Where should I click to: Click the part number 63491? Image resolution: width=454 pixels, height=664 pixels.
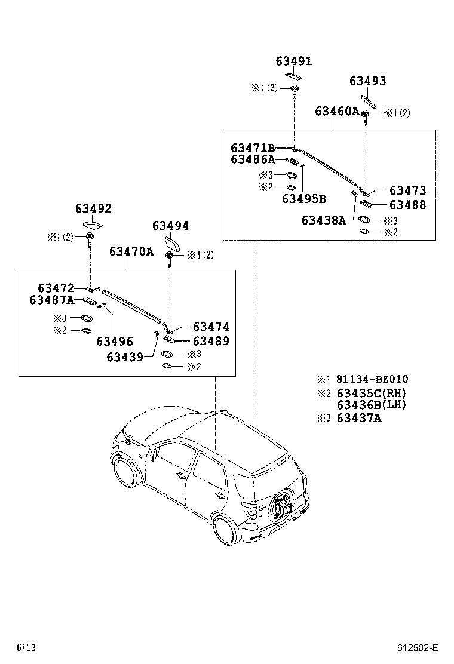coord(294,62)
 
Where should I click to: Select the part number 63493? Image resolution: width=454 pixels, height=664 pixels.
coord(368,81)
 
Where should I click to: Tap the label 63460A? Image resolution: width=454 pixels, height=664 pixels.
coord(337,112)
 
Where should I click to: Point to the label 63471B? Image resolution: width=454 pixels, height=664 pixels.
coord(253,147)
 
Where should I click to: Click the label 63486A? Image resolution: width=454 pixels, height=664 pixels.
coord(253,159)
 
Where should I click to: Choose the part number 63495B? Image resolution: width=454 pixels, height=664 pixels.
coord(304,198)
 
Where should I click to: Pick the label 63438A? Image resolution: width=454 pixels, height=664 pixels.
coord(324,220)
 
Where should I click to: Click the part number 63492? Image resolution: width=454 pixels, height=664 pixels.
coord(93,209)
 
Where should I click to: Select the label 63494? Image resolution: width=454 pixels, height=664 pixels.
coord(170,226)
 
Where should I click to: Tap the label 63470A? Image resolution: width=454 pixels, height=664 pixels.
coord(131,252)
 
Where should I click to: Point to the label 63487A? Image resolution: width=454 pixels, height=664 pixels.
coord(51,300)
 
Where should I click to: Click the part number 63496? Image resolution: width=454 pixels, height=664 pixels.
coord(113,341)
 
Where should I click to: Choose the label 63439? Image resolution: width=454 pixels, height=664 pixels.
coord(125,357)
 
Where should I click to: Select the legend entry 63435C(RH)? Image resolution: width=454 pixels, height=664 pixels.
coord(371,393)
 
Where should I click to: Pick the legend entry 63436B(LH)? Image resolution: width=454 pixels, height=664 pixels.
coord(371,404)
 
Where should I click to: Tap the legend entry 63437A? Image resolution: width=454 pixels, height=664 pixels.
coord(359,418)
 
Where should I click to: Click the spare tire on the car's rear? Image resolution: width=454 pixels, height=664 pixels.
coord(281,505)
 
